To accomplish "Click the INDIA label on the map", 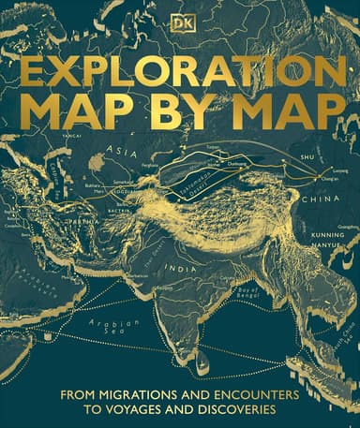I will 179,265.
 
